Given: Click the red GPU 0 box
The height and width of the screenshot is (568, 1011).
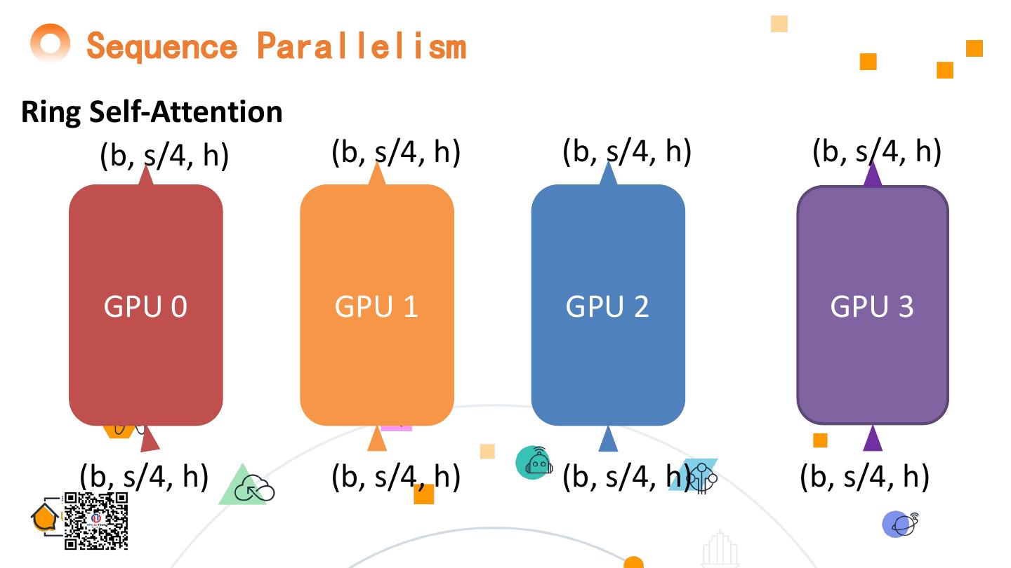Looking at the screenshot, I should pos(145,305).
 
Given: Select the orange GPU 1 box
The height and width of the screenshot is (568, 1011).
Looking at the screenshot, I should pos(377,305).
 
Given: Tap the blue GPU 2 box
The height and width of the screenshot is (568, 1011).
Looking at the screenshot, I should pos(608,305).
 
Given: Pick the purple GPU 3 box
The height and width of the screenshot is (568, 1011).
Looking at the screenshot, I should pos(873,305).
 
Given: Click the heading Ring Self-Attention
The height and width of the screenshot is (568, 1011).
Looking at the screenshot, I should pos(152,112).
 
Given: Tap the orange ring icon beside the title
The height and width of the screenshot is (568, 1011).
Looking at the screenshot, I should pos(51,43).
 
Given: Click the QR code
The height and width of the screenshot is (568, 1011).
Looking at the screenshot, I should pos(96,520).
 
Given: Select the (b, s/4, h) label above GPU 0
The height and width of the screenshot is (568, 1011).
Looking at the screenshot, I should pos(164,155).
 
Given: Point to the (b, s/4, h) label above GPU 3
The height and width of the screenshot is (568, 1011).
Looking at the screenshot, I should pos(876,151).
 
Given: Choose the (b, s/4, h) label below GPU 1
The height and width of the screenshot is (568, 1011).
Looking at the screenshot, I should pos(395,477).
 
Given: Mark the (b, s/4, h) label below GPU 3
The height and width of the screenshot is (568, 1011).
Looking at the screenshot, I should pos(864,477).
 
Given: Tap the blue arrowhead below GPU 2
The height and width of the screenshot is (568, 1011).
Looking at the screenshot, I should pos(608,439).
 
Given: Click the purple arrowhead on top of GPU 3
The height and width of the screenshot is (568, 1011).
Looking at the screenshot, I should pos(873,174).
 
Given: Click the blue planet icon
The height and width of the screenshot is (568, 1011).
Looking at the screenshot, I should pos(899,524).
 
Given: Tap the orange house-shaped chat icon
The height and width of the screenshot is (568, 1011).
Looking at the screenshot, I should pos(45,518).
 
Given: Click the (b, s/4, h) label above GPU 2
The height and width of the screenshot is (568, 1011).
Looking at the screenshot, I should pos(626,151).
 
